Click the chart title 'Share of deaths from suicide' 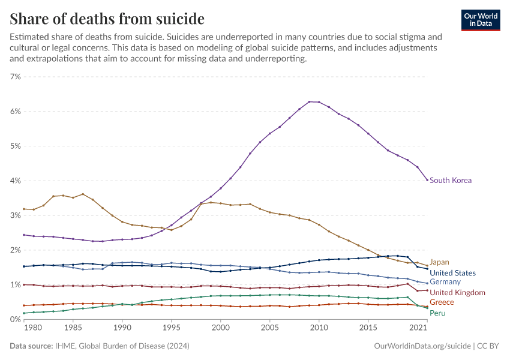point(107,19)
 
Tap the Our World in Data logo point(480,20)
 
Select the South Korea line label point(451,180)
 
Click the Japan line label point(439,262)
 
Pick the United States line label point(452,273)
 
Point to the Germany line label point(445,282)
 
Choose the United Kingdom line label point(457,292)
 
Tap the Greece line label point(441,302)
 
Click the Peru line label point(437,313)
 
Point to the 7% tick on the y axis point(15,77)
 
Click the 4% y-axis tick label point(15,181)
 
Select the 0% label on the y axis point(15,319)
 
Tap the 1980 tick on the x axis point(33,329)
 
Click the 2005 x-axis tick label point(269,329)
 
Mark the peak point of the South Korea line point(309,101)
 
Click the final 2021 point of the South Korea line point(427,180)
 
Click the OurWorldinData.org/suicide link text point(422,346)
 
